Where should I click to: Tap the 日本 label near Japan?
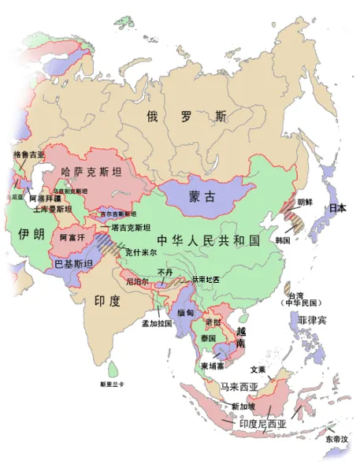coord(338,208)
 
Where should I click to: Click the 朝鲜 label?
coord(304,202)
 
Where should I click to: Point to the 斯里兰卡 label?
coord(112,385)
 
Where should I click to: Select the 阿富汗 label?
coord(69,236)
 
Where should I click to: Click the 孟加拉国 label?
coord(156,323)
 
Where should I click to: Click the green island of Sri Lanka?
coord(117,368)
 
